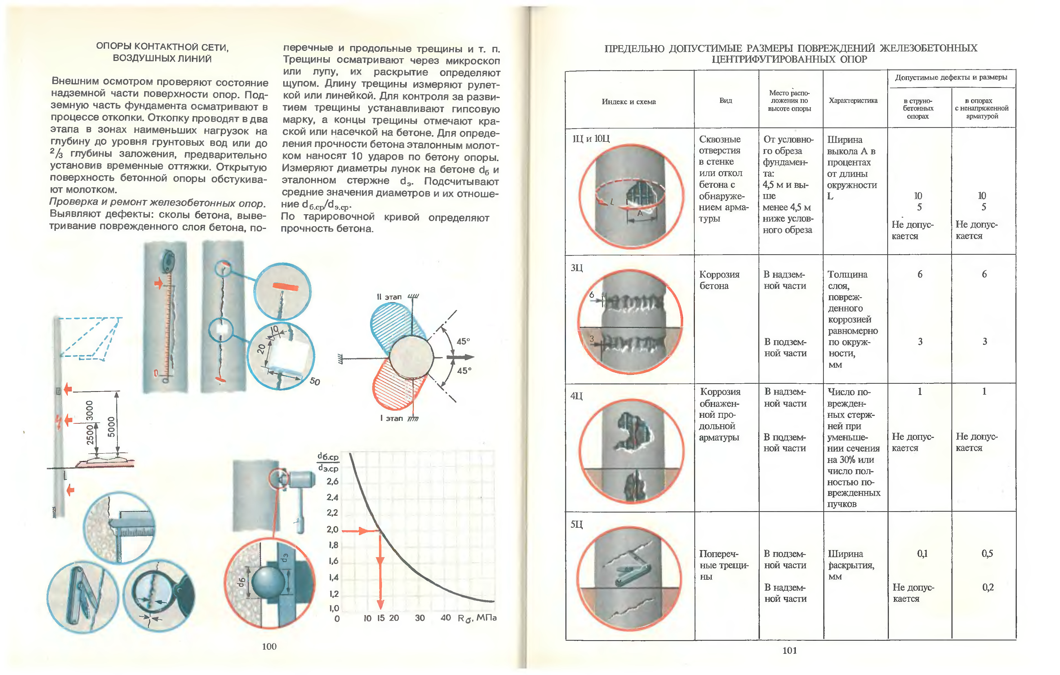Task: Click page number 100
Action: coord(269,646)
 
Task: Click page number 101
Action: coord(789,650)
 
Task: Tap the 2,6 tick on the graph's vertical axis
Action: coord(332,481)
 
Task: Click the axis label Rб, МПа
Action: coord(477,618)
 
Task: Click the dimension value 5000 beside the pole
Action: coord(111,427)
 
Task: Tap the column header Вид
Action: coord(725,100)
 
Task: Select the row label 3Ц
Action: coord(577,268)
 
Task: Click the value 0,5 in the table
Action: coord(987,554)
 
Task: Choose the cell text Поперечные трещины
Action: coord(724,565)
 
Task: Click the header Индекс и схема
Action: coord(628,102)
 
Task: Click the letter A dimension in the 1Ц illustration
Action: coord(640,213)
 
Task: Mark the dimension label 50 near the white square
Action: coord(315,381)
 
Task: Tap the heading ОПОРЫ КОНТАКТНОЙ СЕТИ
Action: coord(162,47)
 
